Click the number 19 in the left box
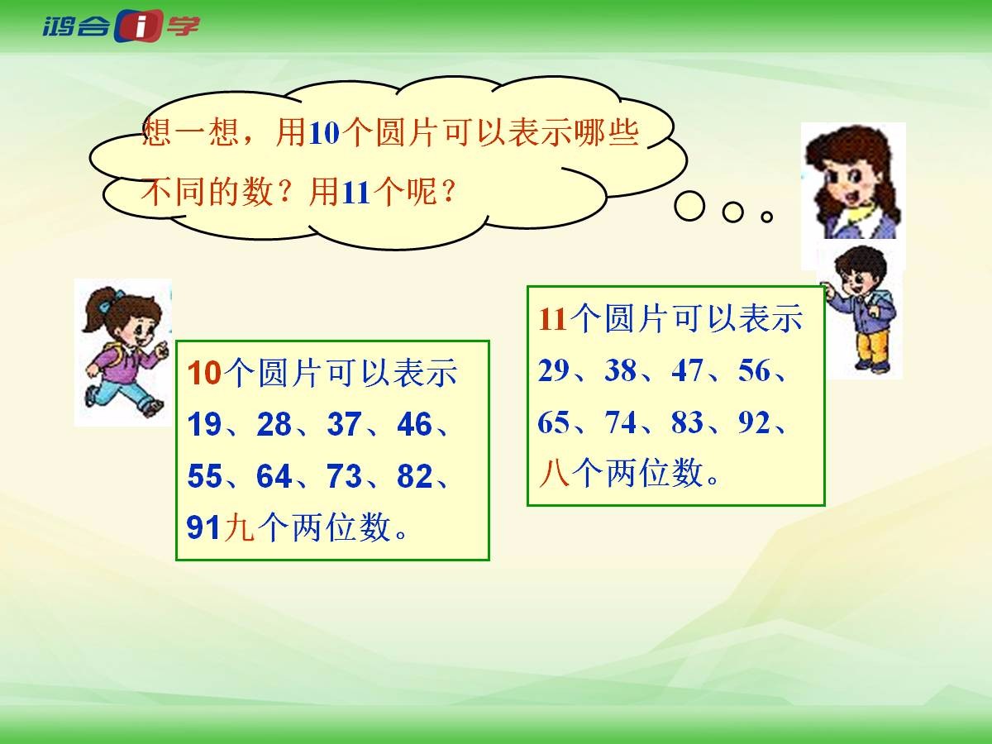(204, 424)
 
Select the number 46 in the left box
(414, 424)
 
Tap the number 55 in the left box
(204, 475)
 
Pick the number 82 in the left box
(414, 475)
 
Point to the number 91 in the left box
(203, 527)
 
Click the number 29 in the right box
(553, 370)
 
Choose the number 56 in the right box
(754, 370)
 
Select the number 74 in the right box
(621, 422)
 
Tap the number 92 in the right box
(754, 422)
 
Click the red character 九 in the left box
(239, 527)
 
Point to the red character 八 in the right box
(554, 473)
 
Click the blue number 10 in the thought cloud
(324, 133)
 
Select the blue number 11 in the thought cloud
(356, 193)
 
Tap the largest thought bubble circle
(689, 206)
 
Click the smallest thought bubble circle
(766, 217)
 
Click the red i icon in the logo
(139, 26)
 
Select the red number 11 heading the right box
(553, 320)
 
